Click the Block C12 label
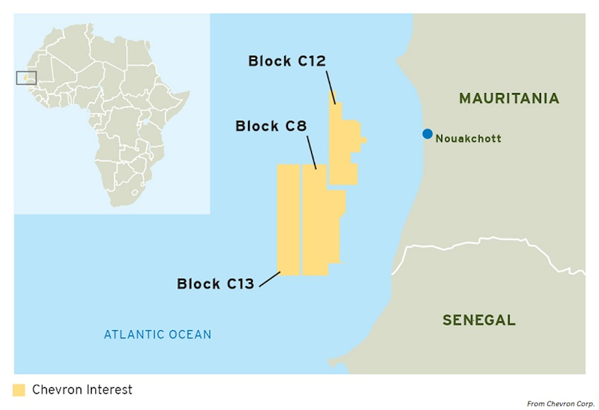click(x=287, y=61)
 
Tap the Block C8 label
click(x=271, y=126)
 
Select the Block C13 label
click(x=216, y=284)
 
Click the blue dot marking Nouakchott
click(x=427, y=134)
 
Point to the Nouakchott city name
click(x=468, y=139)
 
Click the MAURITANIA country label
click(x=509, y=98)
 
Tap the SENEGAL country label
click(x=479, y=320)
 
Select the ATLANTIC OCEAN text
click(x=157, y=334)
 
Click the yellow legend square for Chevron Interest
click(x=19, y=390)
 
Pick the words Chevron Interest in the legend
click(x=82, y=390)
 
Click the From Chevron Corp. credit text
click(x=561, y=404)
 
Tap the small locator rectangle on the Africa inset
click(x=26, y=78)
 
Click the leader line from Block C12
click(x=331, y=87)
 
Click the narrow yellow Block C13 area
click(x=289, y=219)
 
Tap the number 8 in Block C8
click(x=300, y=126)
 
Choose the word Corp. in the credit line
click(x=584, y=404)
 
